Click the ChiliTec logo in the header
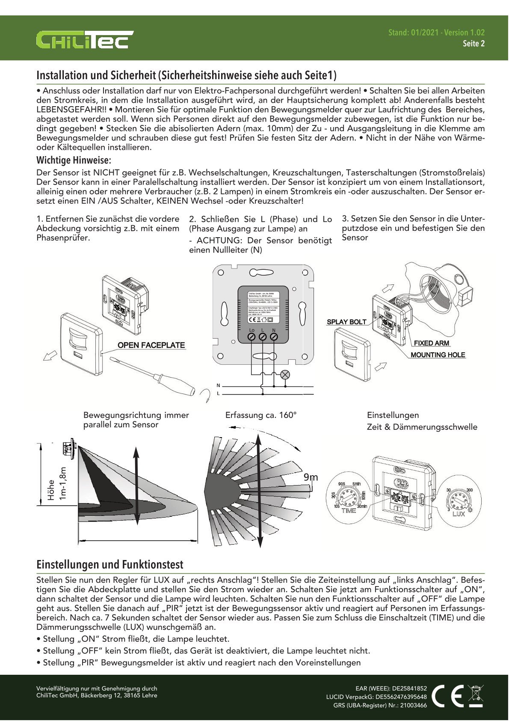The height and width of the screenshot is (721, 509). [x=85, y=40]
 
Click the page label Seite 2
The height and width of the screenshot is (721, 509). [x=473, y=44]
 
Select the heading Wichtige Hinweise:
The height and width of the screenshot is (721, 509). [x=74, y=161]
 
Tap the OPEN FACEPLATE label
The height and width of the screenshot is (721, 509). [x=151, y=345]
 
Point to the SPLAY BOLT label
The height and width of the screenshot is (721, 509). [x=346, y=322]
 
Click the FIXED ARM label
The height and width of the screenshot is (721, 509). [x=431, y=343]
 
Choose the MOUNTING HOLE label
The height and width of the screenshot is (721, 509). [x=438, y=355]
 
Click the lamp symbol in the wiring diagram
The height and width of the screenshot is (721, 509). [x=285, y=375]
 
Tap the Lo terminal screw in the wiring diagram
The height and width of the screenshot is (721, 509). [x=252, y=337]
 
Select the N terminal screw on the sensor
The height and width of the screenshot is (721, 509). [x=274, y=337]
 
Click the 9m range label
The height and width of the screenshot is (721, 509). [x=311, y=477]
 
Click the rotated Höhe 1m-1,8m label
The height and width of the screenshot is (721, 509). [x=57, y=484]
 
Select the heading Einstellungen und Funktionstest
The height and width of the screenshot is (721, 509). [x=109, y=564]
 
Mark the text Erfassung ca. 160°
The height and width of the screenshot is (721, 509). [x=260, y=415]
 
